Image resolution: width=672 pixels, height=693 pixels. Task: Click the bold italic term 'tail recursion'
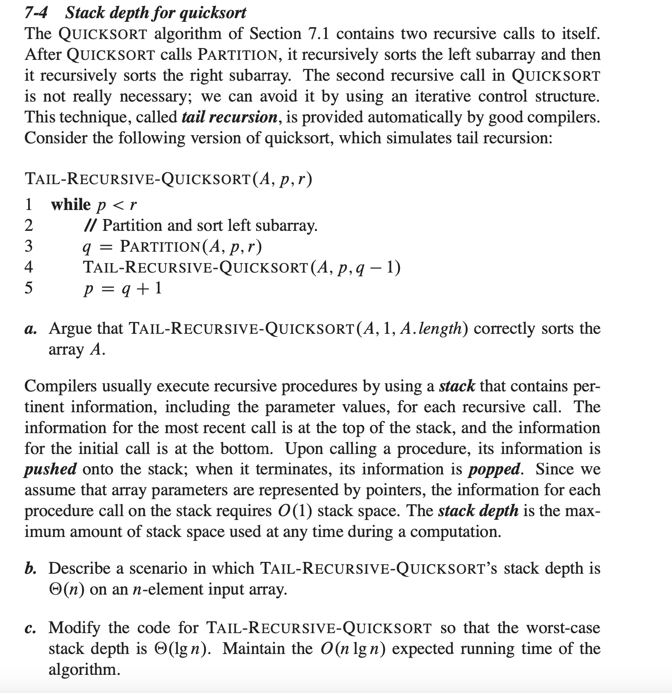point(229,117)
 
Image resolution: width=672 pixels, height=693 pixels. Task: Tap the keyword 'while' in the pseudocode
point(71,205)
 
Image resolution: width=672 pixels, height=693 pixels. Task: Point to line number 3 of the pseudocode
point(29,246)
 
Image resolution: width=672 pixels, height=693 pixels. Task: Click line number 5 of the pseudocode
point(29,288)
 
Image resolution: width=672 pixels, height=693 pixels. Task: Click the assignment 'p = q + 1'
point(122,288)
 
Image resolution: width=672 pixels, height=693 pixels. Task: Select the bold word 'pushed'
point(50,469)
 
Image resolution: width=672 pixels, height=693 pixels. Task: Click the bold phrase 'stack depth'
point(478,511)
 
